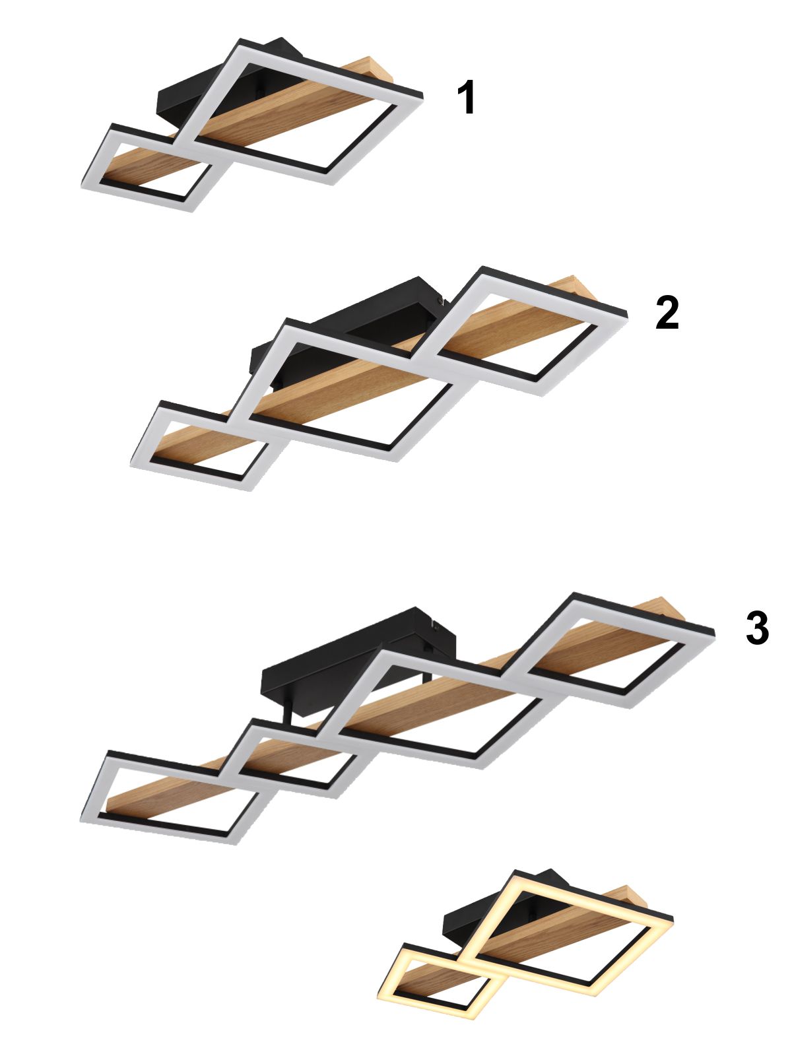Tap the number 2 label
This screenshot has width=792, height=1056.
[x=667, y=313]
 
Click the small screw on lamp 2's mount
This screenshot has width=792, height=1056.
[x=440, y=300]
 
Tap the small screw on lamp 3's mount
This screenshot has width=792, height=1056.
[x=435, y=626]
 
